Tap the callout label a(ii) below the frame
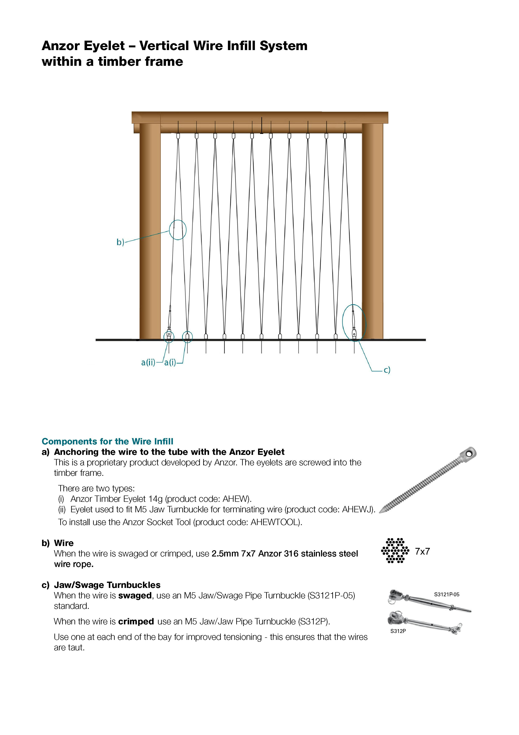pyautogui.click(x=148, y=362)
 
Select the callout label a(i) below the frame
pyautogui.click(x=170, y=362)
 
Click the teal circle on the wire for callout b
pyautogui.click(x=178, y=230)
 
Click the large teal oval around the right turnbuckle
pyautogui.click(x=354, y=323)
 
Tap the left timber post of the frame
pyautogui.click(x=150, y=230)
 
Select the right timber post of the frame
pyautogui.click(x=373, y=230)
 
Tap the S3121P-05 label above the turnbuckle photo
pyautogui.click(x=446, y=594)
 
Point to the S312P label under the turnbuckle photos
pyautogui.click(x=398, y=631)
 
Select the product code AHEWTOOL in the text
pyautogui.click(x=275, y=522)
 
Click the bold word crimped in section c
pyautogui.click(x=136, y=621)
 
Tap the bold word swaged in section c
pyautogui.click(x=135, y=595)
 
